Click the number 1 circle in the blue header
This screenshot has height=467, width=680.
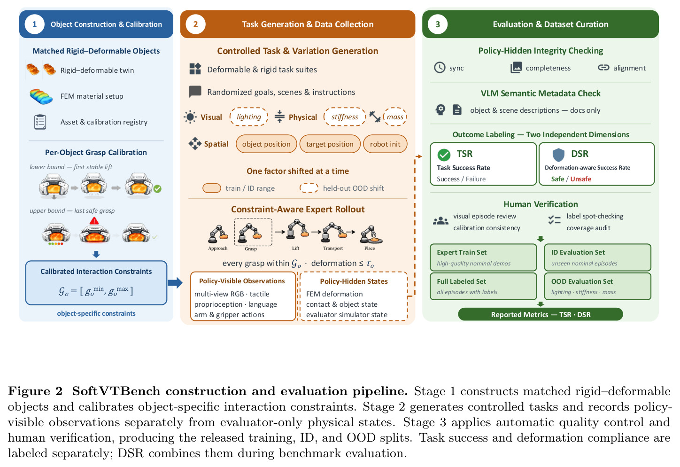pyautogui.click(x=35, y=24)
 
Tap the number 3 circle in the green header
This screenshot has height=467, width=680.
pyautogui.click(x=438, y=24)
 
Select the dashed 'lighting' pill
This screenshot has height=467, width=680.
pyautogui.click(x=249, y=117)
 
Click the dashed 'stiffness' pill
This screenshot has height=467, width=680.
pyautogui.click(x=345, y=117)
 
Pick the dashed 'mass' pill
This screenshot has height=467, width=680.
pyautogui.click(x=395, y=117)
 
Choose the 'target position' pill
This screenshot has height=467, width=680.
pyautogui.click(x=330, y=144)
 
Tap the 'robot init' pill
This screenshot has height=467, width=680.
pyautogui.click(x=385, y=144)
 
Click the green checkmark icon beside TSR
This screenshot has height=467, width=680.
pyautogui.click(x=444, y=155)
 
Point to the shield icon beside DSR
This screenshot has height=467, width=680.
pyautogui.click(x=558, y=155)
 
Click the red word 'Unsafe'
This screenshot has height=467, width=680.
pyautogui.click(x=581, y=179)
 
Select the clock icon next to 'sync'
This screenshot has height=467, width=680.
pyautogui.click(x=440, y=68)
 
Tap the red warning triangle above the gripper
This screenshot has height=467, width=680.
pyautogui.click(x=94, y=221)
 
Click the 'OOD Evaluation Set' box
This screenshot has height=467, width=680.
pyautogui.click(x=597, y=286)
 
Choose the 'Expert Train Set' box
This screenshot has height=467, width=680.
pyautogui.click(x=483, y=257)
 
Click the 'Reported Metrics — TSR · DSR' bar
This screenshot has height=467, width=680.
pyautogui.click(x=541, y=314)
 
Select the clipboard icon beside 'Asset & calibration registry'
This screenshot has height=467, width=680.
pyautogui.click(x=40, y=122)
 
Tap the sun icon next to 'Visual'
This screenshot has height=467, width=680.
pyautogui.click(x=190, y=117)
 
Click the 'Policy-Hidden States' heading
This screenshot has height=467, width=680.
pyautogui.click(x=354, y=281)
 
